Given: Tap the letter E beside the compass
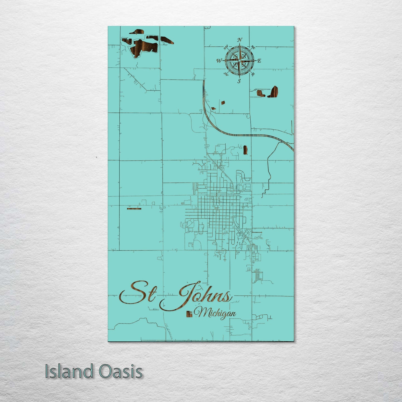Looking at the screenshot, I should pyautogui.click(x=259, y=61).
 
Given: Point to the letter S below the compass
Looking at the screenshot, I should pyautogui.click(x=239, y=81).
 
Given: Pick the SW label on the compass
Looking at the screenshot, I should pyautogui.click(x=226, y=74).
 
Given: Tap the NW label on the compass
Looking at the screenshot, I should pyautogui.click(x=226, y=46).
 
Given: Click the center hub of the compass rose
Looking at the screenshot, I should pyautogui.click(x=239, y=60).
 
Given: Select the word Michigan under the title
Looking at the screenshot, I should pyautogui.click(x=216, y=314).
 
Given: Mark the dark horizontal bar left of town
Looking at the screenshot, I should pyautogui.click(x=134, y=208).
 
